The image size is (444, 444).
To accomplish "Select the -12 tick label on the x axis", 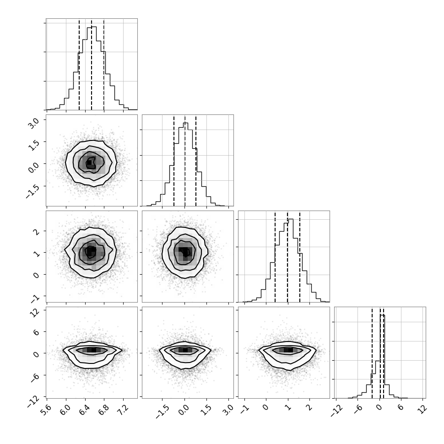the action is pos(336,411).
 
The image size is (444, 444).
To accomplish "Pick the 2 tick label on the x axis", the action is pos(309,408).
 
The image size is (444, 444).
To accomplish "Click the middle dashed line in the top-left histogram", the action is pos(92,65).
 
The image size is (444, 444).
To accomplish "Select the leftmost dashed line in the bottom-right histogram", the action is pos(372,353).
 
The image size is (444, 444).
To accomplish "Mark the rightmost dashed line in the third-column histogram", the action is pos(300,257).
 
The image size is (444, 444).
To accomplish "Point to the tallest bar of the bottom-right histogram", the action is pos(382,357).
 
